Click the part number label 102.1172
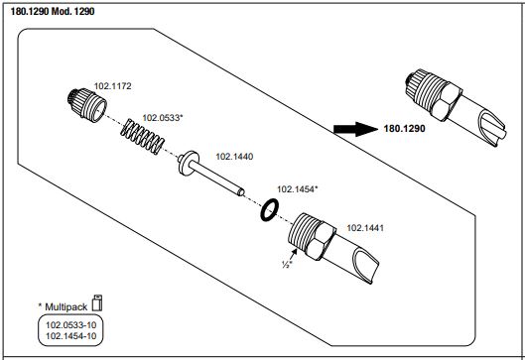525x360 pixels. tap(112, 86)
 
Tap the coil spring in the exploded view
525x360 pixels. tap(142, 137)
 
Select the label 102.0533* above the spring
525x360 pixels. tap(163, 118)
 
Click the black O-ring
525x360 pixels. tap(270, 210)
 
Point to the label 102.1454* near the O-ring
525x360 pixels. tap(298, 189)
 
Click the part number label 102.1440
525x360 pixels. tap(234, 157)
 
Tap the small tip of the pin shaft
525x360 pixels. tap(241, 192)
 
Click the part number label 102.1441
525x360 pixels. tap(365, 228)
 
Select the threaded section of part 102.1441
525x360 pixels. tap(301, 232)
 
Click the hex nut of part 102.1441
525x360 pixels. tap(322, 241)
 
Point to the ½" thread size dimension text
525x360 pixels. tap(287, 265)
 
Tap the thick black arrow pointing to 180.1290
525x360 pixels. tap(355, 129)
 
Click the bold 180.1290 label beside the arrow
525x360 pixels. tap(405, 129)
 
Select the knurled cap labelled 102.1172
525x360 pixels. tap(87, 105)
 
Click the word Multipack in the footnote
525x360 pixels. tap(66, 306)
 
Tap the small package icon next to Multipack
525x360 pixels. tap(97, 302)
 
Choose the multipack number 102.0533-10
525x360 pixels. tap(71, 325)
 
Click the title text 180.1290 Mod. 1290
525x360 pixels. tap(53, 11)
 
